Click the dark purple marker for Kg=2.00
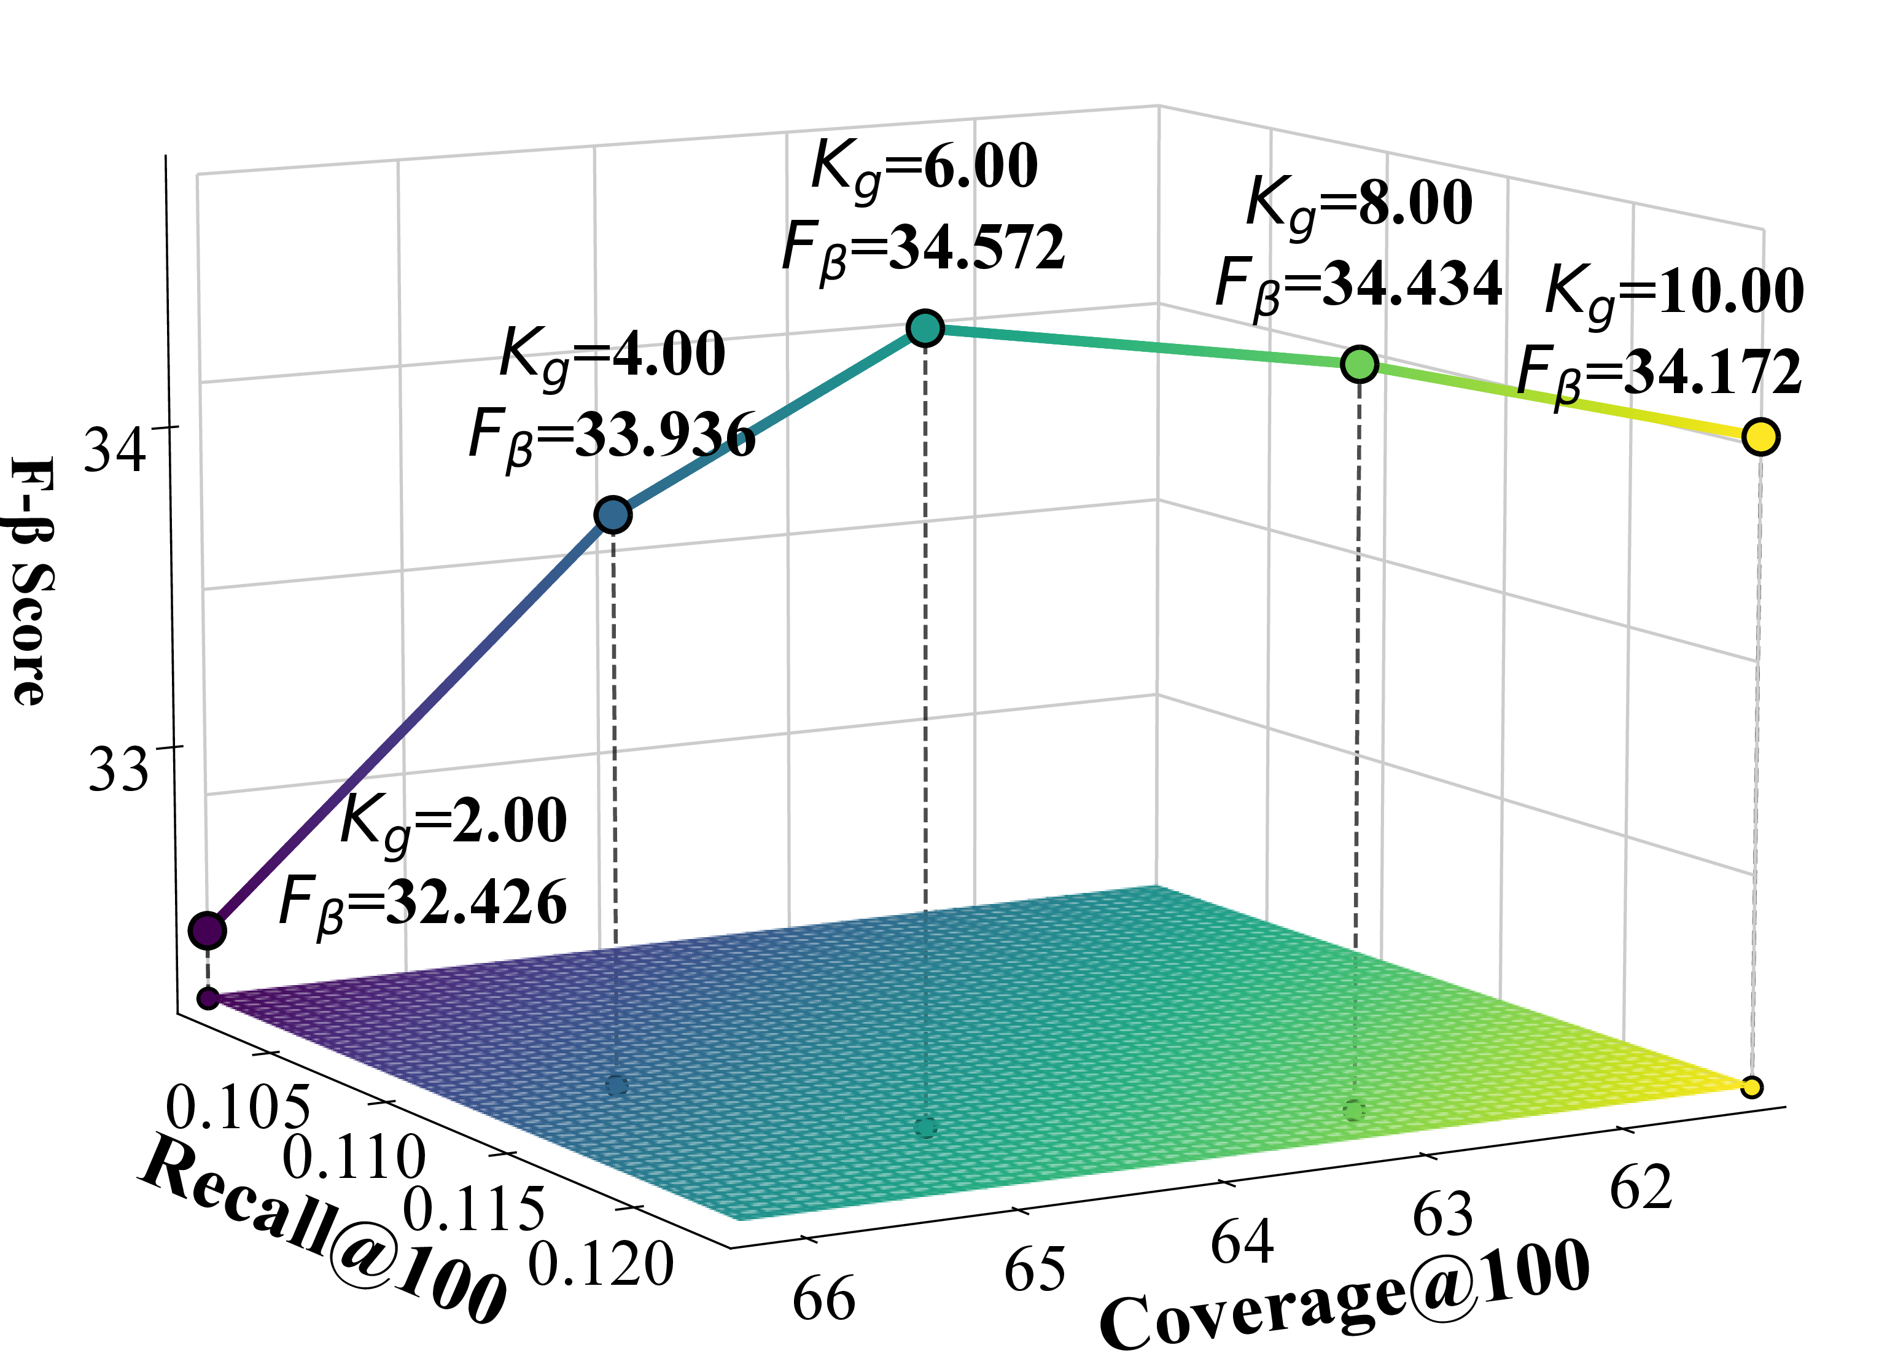pyautogui.click(x=208, y=930)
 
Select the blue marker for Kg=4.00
pyautogui.click(x=613, y=515)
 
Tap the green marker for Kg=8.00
pyautogui.click(x=1360, y=364)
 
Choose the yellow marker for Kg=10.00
pyautogui.click(x=1761, y=436)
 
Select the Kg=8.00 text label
pyautogui.click(x=1360, y=205)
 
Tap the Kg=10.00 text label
pyautogui.click(x=1675, y=295)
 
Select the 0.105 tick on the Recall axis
pyautogui.click(x=238, y=1107)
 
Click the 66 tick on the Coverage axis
pyautogui.click(x=823, y=1299)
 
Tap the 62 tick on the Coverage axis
pyautogui.click(x=1641, y=1188)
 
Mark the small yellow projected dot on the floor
pyautogui.click(x=1752, y=1086)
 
